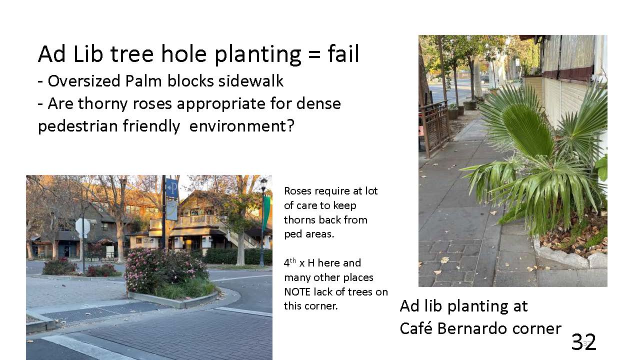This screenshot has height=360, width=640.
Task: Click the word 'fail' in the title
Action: pos(343,53)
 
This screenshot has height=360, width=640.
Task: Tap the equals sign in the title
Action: pos(314,54)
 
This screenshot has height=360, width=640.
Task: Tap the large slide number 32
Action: pos(583,341)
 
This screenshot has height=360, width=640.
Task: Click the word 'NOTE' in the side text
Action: pos(297,292)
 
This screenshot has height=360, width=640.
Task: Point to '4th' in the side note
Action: pos(290,262)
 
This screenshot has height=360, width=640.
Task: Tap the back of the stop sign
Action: pos(83,227)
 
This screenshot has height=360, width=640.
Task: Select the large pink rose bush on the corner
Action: pos(166,270)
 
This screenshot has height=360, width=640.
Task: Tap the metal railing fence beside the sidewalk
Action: pos(435,128)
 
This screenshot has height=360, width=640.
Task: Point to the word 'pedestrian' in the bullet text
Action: pos(77,126)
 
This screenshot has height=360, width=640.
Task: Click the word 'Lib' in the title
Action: pos(88,53)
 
